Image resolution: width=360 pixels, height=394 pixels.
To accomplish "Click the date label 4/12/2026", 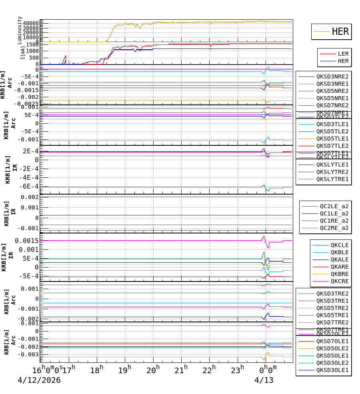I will click(x=39, y=380).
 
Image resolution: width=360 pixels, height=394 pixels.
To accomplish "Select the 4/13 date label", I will click(x=264, y=380).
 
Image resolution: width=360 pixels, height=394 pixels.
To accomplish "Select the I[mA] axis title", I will click(x=23, y=52).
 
